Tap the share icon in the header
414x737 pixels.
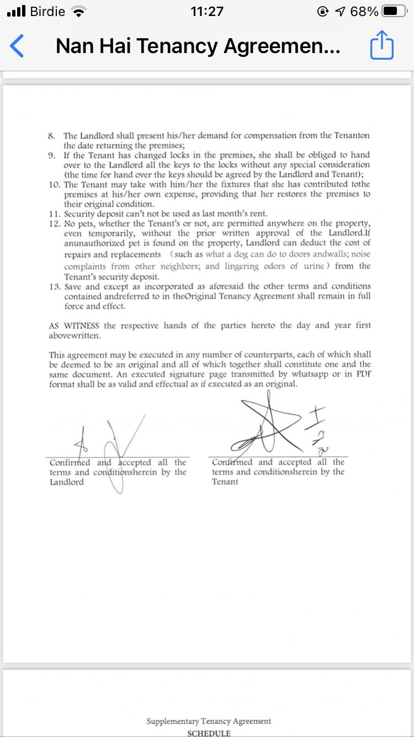381,46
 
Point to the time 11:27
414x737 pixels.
206,12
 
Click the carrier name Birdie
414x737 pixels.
47,12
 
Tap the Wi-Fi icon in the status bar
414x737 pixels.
79,12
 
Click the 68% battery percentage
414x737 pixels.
364,12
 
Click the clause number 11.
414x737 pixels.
54,214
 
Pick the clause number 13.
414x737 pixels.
54,287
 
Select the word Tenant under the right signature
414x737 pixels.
225,482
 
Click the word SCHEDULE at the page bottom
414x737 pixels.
209,733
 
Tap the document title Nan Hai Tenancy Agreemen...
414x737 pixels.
198,46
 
